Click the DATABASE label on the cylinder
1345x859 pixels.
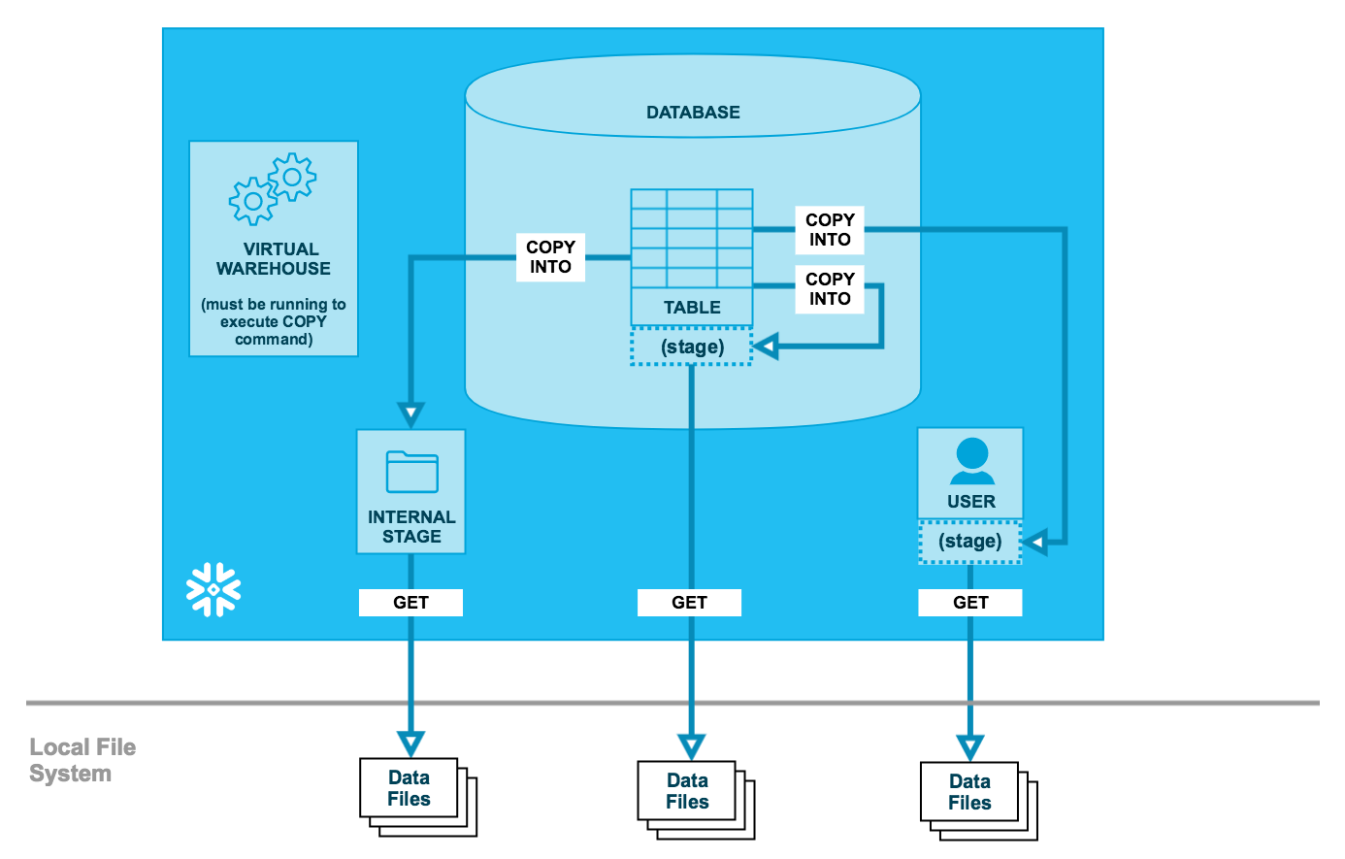[x=693, y=113]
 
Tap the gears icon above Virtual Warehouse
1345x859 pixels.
[x=273, y=188]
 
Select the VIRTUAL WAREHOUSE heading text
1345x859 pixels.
[x=274, y=259]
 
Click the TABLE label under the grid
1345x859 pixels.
[x=692, y=308]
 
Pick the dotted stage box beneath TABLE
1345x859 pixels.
[x=692, y=347]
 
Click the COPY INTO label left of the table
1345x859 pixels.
[x=550, y=257]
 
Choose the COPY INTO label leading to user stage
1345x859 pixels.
[x=830, y=230]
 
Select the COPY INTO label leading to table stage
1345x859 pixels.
[x=830, y=289]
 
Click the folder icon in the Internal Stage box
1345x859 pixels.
[x=411, y=473]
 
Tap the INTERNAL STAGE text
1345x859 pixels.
[x=411, y=527]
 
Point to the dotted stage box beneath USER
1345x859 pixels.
[x=970, y=542]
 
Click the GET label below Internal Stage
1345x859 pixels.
[x=410, y=603]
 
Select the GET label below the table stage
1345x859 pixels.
[x=689, y=603]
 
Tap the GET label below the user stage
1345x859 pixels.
[x=970, y=603]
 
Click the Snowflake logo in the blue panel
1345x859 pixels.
[x=213, y=589]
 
